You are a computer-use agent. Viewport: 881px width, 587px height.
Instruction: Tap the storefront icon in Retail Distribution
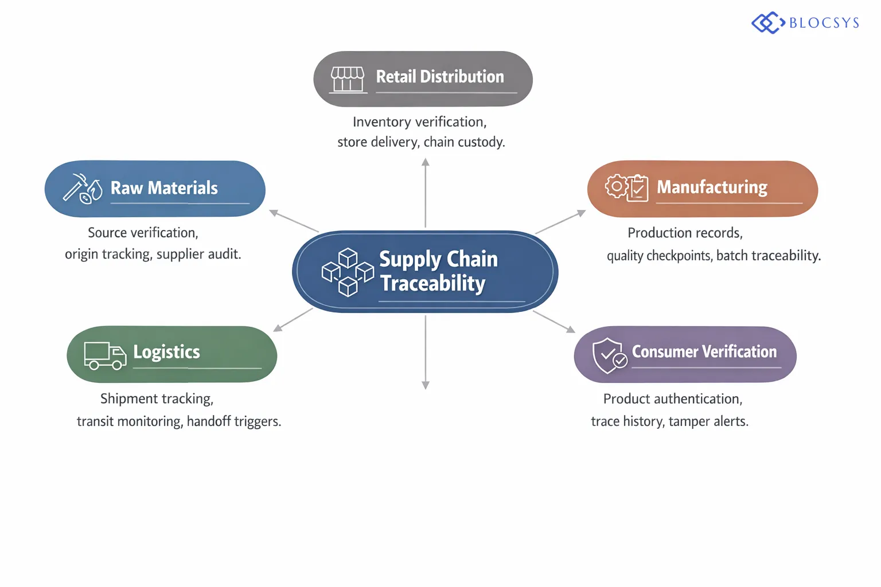click(348, 79)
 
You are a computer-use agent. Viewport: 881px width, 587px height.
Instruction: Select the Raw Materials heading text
click(164, 188)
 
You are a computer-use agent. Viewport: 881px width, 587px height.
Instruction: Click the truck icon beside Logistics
click(105, 355)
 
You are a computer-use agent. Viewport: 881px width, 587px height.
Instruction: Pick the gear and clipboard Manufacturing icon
click(626, 187)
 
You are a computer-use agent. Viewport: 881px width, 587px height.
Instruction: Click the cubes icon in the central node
click(348, 272)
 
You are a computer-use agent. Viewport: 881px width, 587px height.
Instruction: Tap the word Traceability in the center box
click(433, 283)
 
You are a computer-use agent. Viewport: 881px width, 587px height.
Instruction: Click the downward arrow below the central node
click(426, 353)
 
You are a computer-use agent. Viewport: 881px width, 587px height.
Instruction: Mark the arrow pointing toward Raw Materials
click(293, 221)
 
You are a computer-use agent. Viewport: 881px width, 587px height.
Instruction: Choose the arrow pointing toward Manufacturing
click(560, 222)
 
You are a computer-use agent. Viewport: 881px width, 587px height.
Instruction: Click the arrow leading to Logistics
click(293, 320)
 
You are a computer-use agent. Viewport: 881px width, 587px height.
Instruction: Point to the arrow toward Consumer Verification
click(554, 322)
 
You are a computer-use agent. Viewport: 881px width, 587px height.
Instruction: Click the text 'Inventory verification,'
click(419, 122)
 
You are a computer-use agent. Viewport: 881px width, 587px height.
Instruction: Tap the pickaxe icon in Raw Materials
click(75, 186)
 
